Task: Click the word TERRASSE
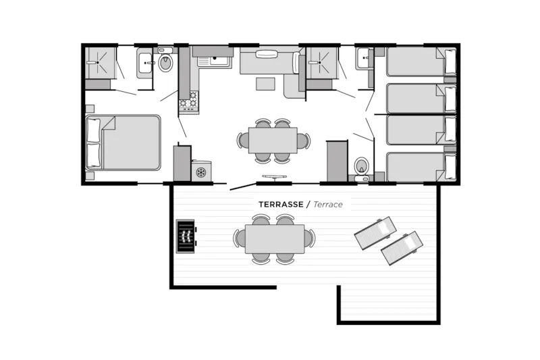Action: (x=281, y=204)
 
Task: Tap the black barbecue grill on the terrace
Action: (x=185, y=236)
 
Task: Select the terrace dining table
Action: (x=274, y=238)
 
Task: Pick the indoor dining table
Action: (x=273, y=140)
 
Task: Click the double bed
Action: (x=124, y=142)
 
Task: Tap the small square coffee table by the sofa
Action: (x=265, y=84)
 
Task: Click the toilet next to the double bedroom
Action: (x=165, y=64)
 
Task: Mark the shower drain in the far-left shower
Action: (x=99, y=62)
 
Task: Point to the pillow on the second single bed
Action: (x=450, y=98)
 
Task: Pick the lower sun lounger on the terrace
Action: (x=400, y=248)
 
